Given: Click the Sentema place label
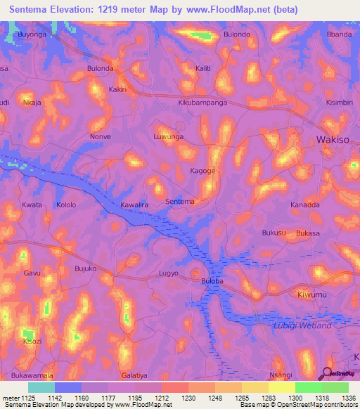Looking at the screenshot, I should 179,202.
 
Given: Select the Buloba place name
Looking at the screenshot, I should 212,280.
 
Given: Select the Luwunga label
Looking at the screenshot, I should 168,136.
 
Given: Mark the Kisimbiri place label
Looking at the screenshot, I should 341,102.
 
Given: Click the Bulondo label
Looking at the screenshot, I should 236,34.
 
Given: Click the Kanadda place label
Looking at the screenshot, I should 305,205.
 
